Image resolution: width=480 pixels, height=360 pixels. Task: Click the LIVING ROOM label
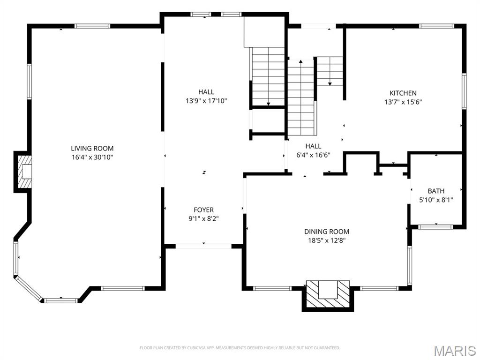click(92, 149)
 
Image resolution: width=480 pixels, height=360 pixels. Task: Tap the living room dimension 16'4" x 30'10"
click(92, 157)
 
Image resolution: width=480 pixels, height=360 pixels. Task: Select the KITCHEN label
click(403, 93)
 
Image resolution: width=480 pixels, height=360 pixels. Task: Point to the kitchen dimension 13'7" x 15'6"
click(403, 102)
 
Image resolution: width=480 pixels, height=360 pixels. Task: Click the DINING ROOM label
click(327, 232)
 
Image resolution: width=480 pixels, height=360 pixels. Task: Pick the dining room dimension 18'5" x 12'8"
click(327, 240)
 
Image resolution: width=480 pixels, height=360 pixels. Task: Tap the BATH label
click(436, 191)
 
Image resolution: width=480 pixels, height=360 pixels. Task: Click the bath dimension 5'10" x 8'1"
click(436, 200)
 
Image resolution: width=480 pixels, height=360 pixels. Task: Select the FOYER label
click(204, 210)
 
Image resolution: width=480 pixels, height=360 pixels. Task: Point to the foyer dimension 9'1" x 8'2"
click(204, 218)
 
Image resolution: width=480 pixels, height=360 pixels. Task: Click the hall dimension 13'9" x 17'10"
click(206, 101)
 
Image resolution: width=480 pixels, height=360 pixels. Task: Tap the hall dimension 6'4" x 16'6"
click(314, 155)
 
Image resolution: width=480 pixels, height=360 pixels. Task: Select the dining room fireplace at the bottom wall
click(328, 294)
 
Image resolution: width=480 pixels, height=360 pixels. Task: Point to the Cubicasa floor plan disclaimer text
click(240, 348)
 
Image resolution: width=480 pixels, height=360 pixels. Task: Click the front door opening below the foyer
click(204, 246)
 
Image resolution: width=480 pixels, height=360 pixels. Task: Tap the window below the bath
click(435, 227)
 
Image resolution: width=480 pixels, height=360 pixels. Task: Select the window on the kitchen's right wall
click(464, 91)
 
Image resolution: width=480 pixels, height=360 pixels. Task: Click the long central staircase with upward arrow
click(300, 98)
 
